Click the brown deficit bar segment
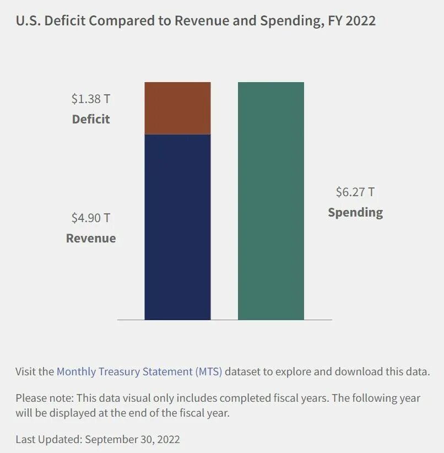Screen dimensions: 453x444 (177, 108)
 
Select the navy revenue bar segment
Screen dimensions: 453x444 (177, 227)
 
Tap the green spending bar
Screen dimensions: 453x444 (270, 201)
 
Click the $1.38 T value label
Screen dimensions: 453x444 (90, 99)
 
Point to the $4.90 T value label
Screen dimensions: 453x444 (90, 218)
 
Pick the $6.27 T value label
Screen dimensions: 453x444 (355, 192)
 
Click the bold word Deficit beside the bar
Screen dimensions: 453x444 (91, 119)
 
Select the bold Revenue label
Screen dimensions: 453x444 (91, 238)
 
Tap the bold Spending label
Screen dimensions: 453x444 (355, 212)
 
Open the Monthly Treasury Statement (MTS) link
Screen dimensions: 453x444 (139, 371)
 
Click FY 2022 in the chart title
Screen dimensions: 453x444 (353, 21)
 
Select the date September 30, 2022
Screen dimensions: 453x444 (133, 439)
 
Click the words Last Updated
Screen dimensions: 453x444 (49, 439)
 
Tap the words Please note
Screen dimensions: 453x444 (44, 398)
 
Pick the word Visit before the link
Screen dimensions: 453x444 (26, 371)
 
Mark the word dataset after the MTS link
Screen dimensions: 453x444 (243, 371)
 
